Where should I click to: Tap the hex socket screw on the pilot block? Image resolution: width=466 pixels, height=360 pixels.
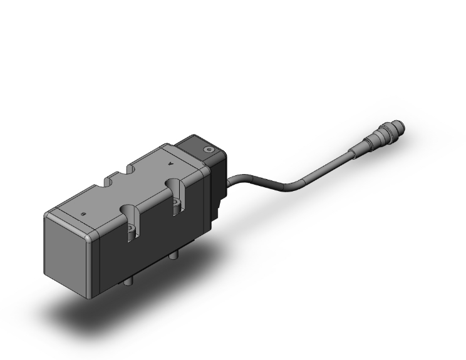(208, 150)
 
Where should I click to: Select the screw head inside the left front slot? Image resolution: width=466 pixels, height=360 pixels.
(132, 232)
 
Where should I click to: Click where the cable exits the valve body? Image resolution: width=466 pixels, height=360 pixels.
(230, 180)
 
